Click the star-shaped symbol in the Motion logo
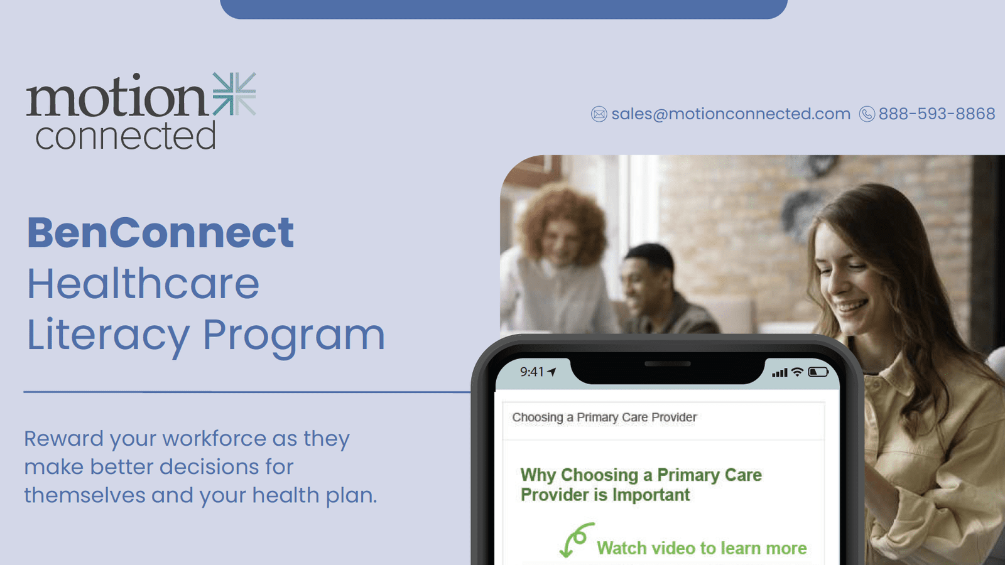point(234,94)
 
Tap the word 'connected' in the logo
point(126,136)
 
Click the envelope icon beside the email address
point(599,114)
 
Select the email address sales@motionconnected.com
point(731,114)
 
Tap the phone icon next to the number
point(867,114)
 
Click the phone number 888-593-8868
point(937,114)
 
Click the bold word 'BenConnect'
point(161,232)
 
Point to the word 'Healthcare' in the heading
point(143,283)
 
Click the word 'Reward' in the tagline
point(63,439)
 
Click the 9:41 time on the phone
point(531,372)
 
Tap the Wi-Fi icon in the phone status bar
point(797,372)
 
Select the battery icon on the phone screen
point(818,372)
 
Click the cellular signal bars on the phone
point(780,373)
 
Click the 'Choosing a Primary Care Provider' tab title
point(604,417)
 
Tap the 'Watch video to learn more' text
point(702,549)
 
